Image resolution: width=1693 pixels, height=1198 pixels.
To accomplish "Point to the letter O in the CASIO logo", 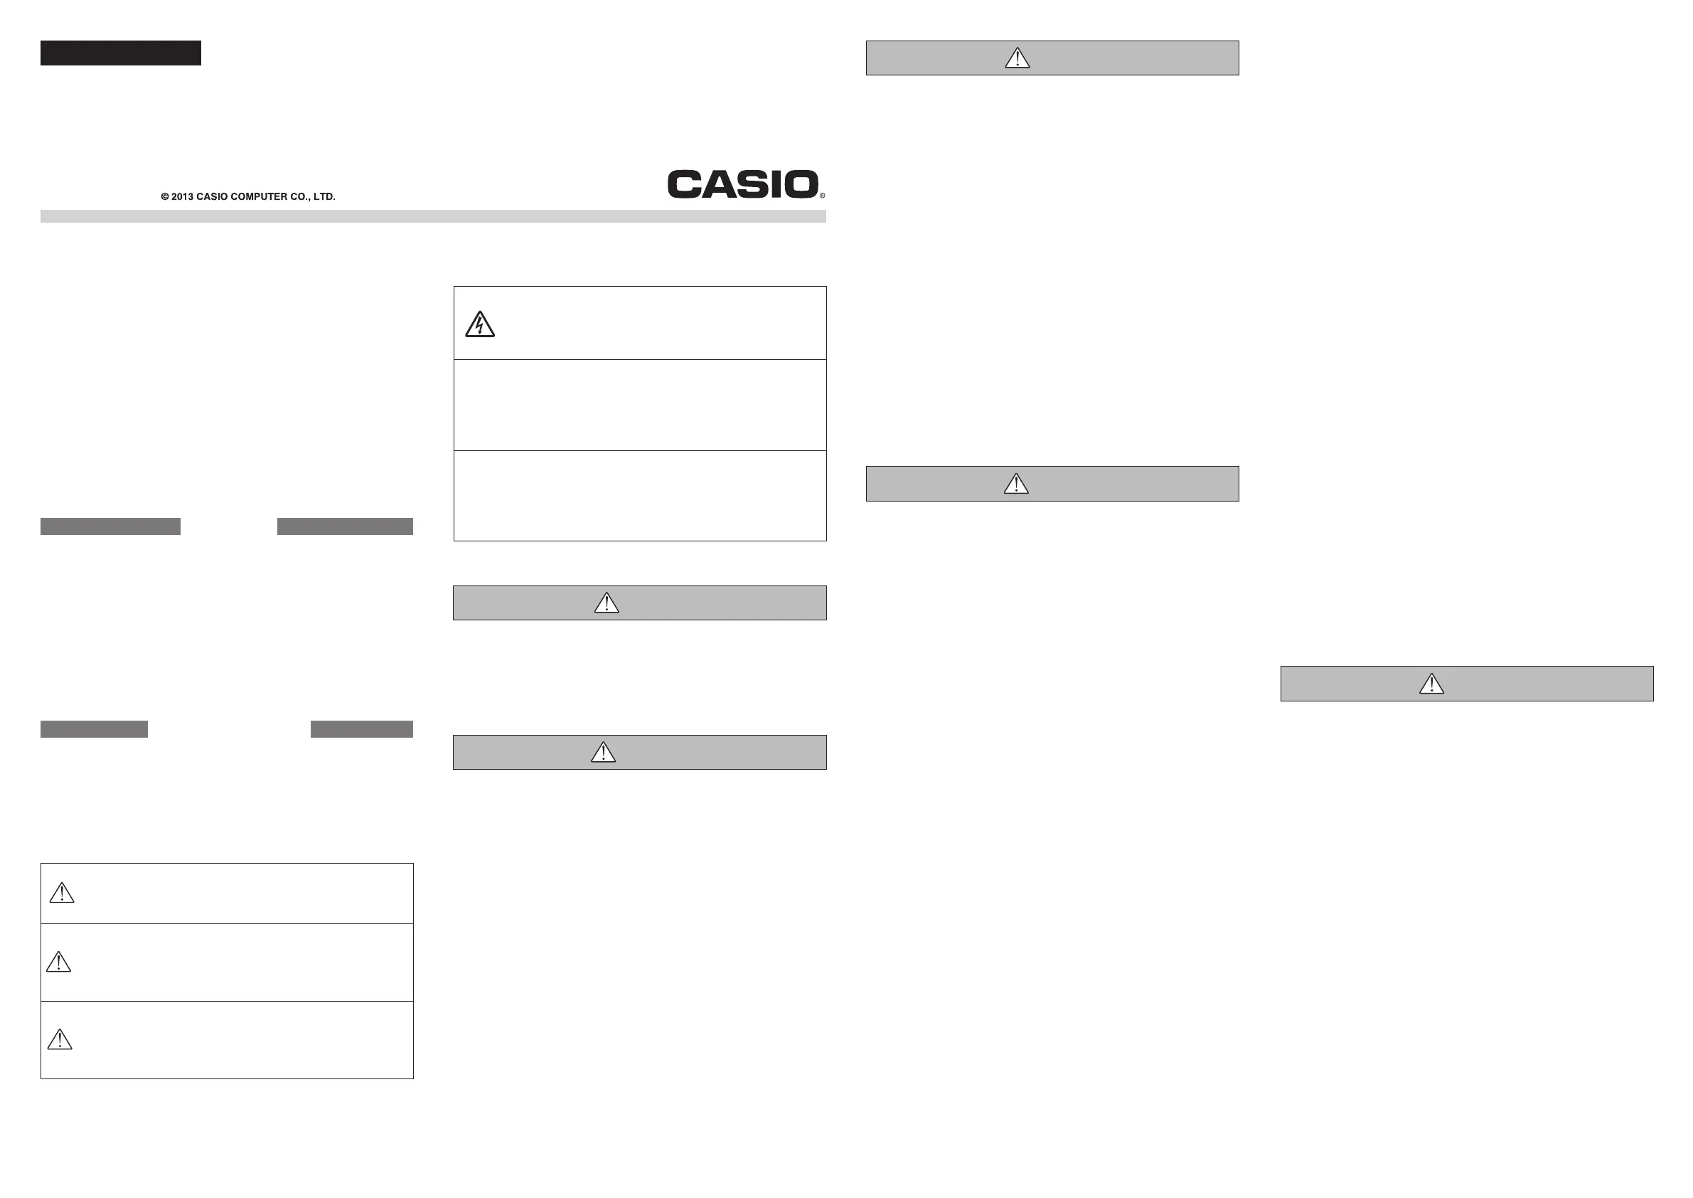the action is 801,184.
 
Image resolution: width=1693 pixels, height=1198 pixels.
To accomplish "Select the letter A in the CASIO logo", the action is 714,184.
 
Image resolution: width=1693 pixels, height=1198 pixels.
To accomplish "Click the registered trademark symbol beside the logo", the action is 822,196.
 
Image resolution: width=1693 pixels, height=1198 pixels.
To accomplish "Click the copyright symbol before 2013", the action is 165,197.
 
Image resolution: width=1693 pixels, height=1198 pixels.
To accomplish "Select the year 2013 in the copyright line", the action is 182,197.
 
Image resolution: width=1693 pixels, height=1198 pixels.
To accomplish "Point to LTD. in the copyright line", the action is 324,197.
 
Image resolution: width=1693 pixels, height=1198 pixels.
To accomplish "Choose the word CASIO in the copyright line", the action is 213,197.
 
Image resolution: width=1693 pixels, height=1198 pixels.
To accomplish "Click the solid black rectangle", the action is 120,53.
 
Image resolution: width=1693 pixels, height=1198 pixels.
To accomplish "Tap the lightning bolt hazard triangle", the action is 480,325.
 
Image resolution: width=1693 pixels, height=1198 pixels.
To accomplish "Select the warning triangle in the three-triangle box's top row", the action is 62,894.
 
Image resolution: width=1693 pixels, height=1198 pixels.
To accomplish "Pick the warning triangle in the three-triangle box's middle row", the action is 59,962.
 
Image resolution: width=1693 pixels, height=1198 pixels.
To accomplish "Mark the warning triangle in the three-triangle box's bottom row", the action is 60,1039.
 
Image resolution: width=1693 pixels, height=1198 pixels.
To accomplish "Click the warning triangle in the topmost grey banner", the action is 1018,58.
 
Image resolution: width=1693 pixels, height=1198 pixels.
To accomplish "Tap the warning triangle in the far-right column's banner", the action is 1431,684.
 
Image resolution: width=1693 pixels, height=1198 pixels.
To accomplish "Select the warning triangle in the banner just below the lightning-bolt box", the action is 607,603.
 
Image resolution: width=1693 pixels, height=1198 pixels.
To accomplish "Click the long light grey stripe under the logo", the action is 433,216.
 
